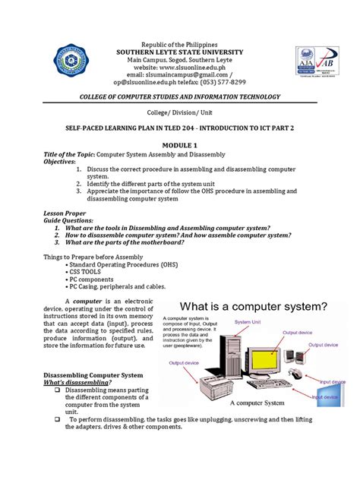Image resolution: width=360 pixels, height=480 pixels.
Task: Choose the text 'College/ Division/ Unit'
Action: pyautogui.click(x=180, y=112)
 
